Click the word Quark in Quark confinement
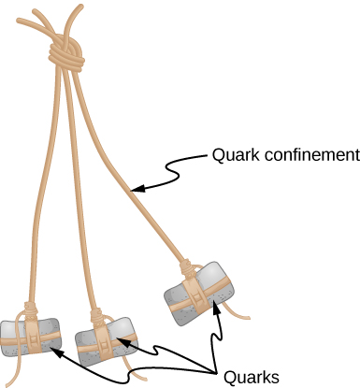[232, 152]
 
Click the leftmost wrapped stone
[30, 336]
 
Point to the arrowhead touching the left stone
[54, 353]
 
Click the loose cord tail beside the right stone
[238, 314]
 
